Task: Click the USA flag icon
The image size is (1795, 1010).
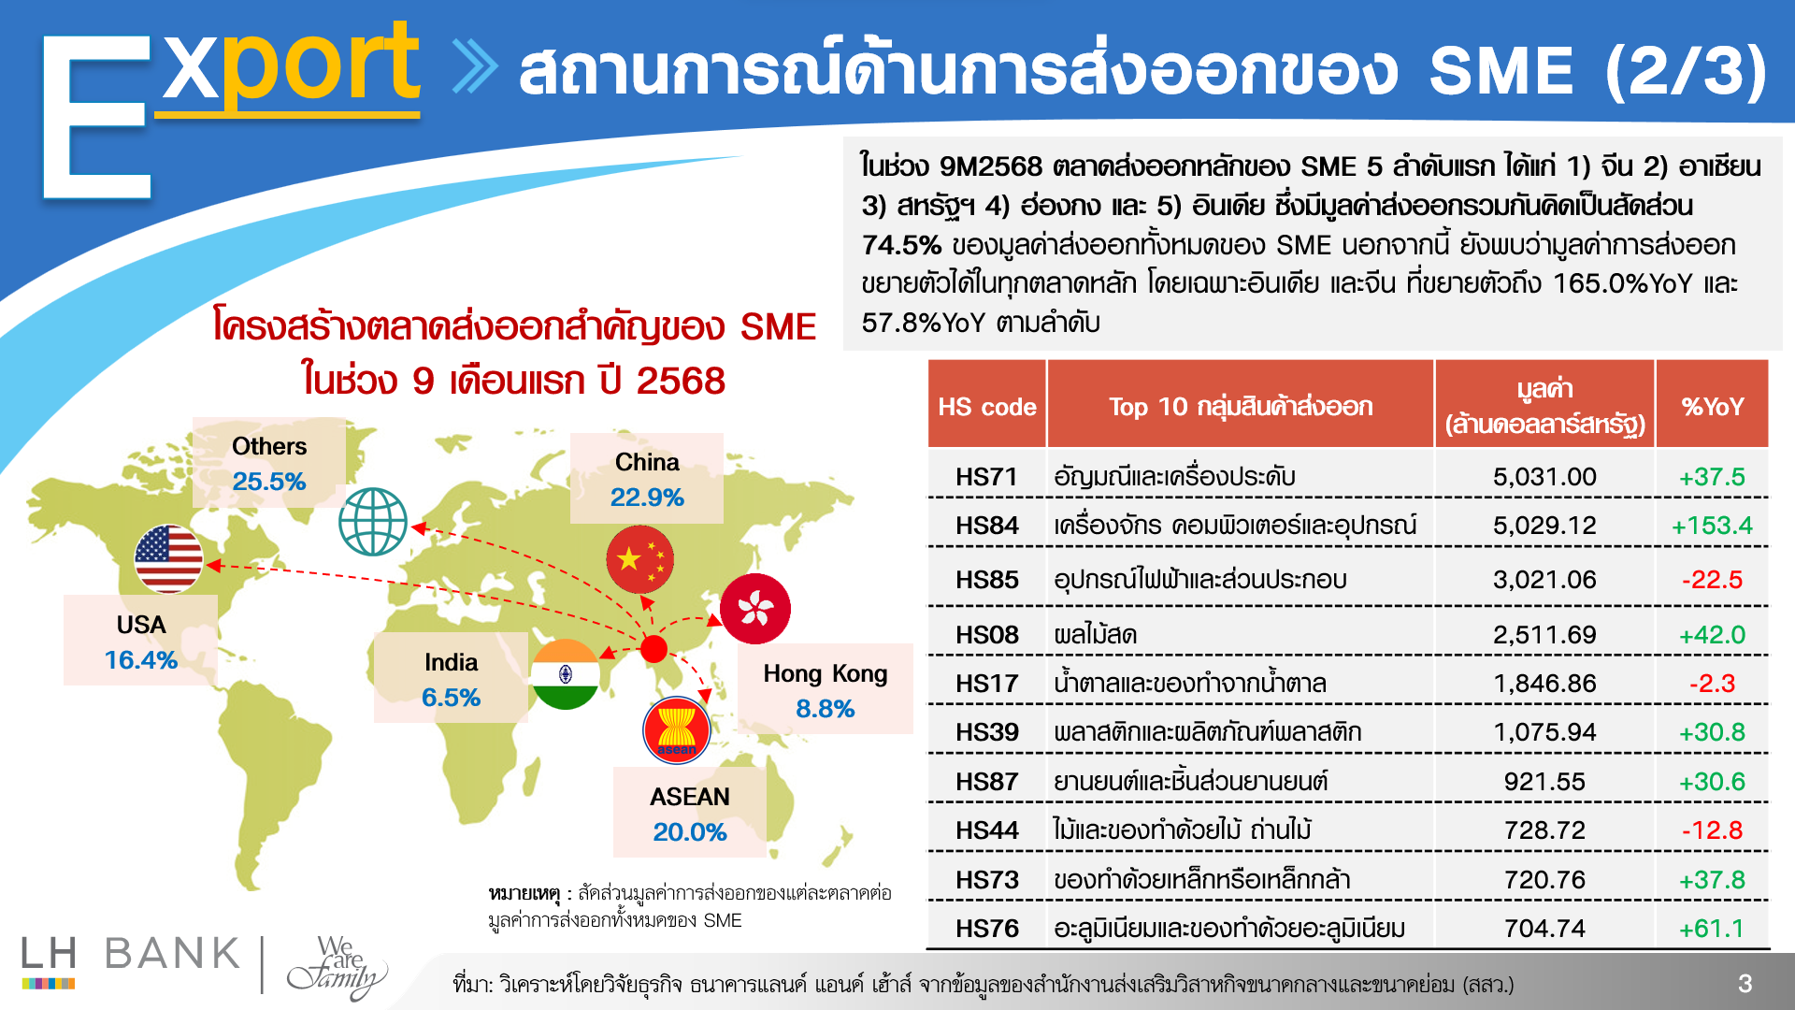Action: pos(168,559)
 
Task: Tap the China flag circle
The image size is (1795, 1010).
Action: pos(640,559)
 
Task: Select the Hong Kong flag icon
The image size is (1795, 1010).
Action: pos(755,609)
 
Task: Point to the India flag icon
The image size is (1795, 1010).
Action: pos(565,674)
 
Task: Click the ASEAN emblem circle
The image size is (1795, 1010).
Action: pos(677,730)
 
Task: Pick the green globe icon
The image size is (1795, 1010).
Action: pos(373,522)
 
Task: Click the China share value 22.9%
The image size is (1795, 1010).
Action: pos(647,498)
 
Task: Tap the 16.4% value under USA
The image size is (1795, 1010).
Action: pos(141,660)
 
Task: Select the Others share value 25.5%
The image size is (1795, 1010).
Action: pos(269,482)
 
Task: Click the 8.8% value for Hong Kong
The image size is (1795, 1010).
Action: pos(826,709)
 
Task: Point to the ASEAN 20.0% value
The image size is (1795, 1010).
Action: pos(690,832)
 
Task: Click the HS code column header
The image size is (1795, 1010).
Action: pos(987,407)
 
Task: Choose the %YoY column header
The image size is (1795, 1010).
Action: pos(1713,407)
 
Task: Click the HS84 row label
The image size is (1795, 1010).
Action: pos(986,526)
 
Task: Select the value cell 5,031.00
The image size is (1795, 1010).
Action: pos(1544,477)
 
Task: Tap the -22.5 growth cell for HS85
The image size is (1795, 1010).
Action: pos(1712,580)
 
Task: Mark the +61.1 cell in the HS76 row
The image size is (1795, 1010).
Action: pos(1712,929)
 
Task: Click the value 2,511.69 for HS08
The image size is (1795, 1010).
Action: pos(1544,635)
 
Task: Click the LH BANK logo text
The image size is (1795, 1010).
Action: pos(131,954)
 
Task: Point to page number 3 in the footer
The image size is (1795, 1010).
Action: pos(1745,984)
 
